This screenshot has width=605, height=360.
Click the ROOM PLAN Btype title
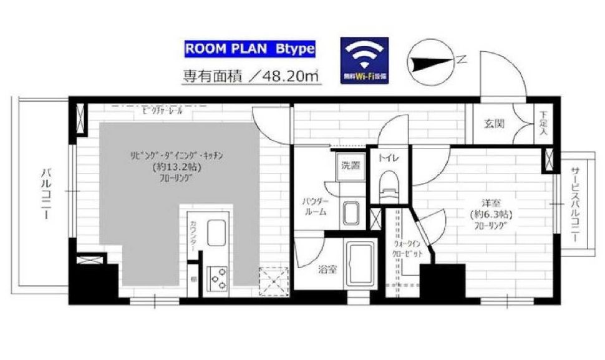point(249,49)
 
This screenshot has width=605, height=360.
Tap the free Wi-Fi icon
point(364,60)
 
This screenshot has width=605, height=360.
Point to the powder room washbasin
point(350,214)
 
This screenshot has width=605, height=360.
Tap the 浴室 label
point(327,270)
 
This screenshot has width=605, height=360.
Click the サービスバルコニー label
point(574,206)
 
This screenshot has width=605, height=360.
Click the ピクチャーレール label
point(162,111)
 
